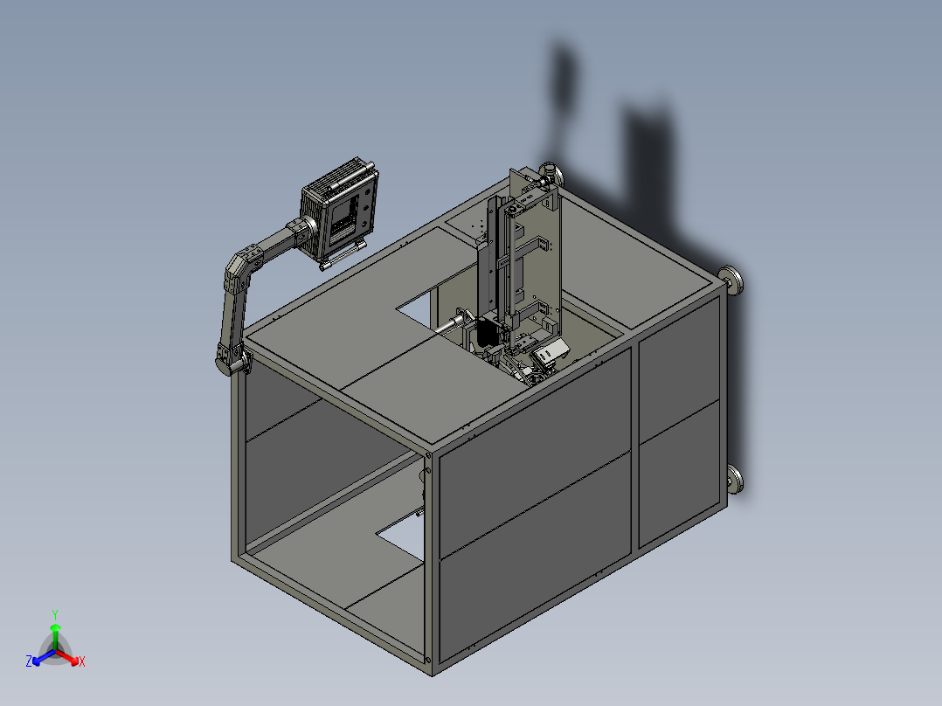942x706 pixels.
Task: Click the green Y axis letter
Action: (x=55, y=614)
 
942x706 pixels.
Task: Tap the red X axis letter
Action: (x=82, y=661)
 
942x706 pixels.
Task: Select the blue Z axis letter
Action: (x=29, y=661)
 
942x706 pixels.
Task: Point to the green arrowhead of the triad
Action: (x=55, y=627)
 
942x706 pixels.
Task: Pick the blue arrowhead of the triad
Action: (x=36, y=661)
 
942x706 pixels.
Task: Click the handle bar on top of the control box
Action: (x=351, y=176)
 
